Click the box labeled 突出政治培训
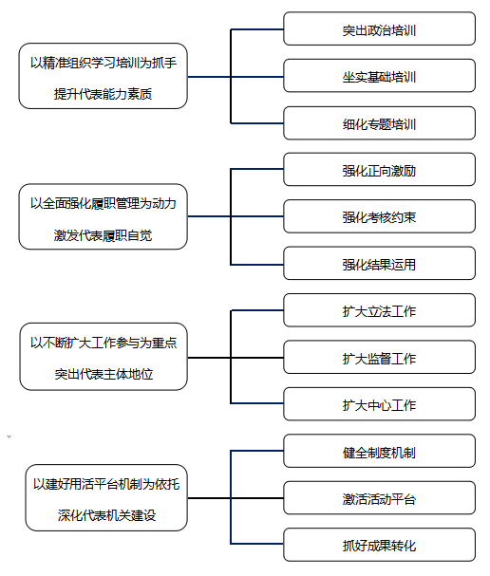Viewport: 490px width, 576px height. click(x=379, y=28)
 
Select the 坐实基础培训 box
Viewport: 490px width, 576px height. click(x=379, y=76)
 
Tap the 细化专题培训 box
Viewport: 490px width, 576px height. click(x=379, y=123)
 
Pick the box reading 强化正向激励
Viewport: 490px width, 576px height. click(x=379, y=169)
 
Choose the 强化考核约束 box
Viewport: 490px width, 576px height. click(x=379, y=216)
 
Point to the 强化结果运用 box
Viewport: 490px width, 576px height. click(x=379, y=264)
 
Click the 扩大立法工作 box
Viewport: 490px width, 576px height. click(x=379, y=310)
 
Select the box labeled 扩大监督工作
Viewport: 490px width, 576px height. click(x=379, y=358)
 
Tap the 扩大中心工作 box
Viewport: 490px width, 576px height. click(x=379, y=404)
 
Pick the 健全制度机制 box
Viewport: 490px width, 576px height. click(x=379, y=451)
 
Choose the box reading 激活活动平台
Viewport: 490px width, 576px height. click(x=379, y=498)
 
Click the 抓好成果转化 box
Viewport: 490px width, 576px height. click(x=379, y=545)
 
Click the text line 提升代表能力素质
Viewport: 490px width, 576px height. click(x=103, y=94)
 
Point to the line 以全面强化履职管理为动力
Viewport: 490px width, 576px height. click(x=103, y=203)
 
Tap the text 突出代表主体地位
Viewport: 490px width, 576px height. click(x=104, y=374)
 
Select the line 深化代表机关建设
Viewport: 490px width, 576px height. click(x=106, y=515)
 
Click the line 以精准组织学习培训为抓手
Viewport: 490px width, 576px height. click(x=104, y=63)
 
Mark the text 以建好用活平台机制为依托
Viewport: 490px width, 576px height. click(x=106, y=484)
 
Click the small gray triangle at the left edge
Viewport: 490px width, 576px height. click(x=9, y=437)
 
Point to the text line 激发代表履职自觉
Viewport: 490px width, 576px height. click(x=103, y=235)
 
